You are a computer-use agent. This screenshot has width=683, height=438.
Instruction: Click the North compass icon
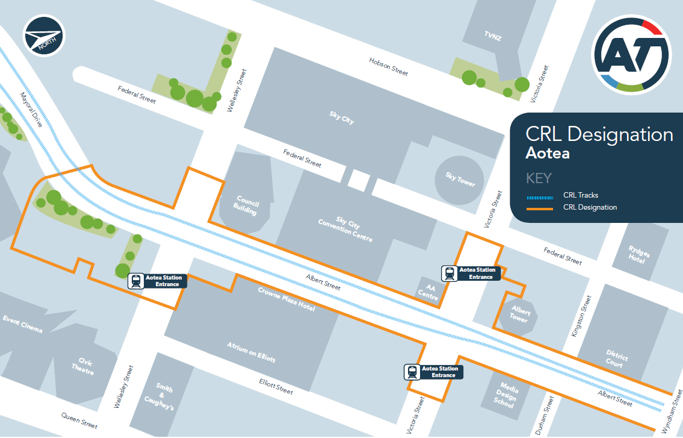tap(44, 36)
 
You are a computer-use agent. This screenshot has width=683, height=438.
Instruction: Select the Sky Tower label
tap(460, 179)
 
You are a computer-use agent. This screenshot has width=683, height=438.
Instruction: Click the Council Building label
tap(247, 205)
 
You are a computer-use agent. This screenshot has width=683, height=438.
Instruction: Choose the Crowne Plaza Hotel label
tap(286, 299)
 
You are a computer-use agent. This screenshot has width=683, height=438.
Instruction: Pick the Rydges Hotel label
tap(637, 255)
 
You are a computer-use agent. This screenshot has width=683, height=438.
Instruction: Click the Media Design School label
tap(506, 394)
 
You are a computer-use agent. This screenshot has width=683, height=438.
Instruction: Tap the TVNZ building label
tap(492, 37)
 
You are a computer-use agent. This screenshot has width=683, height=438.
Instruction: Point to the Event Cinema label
tap(22, 324)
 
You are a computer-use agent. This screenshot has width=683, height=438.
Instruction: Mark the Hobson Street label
tap(388, 67)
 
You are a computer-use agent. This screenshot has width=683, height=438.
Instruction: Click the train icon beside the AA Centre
tap(450, 274)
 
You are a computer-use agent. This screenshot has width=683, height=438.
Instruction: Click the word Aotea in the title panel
tap(547, 153)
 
